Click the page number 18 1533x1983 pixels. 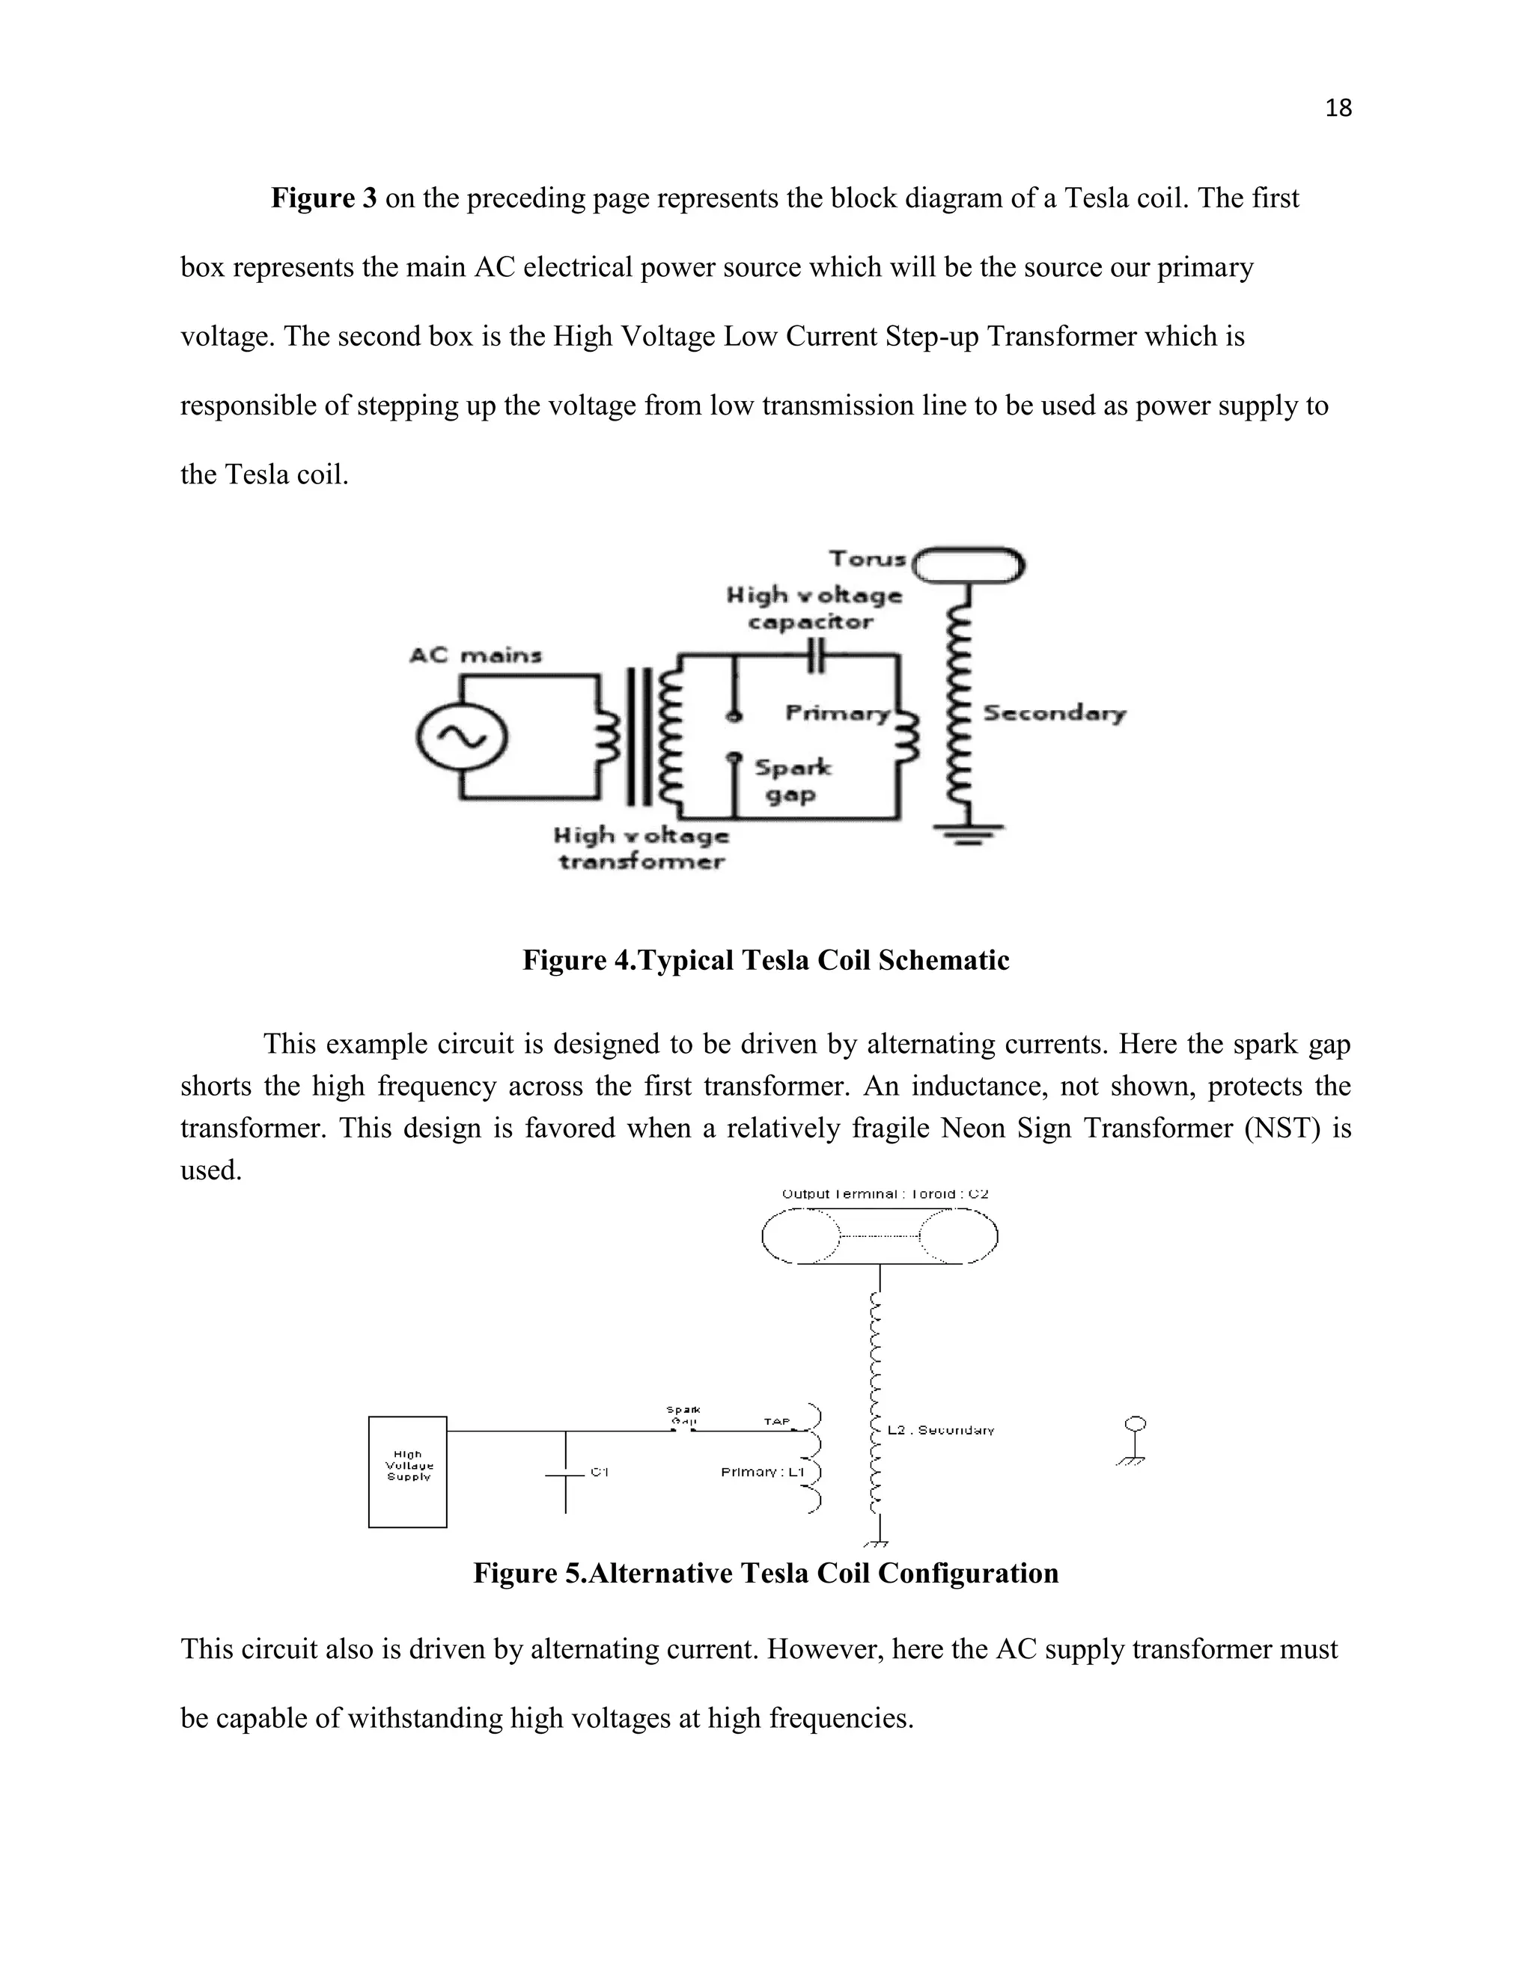coord(1338,108)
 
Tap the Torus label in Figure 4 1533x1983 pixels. coord(868,558)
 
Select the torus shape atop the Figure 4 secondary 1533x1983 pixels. coord(968,565)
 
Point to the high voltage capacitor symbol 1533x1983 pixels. coord(817,655)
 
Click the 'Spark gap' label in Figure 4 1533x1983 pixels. coord(792,780)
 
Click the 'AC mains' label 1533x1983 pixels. coord(475,655)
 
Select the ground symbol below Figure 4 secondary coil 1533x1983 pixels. coord(969,833)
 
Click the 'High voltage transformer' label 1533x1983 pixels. coord(642,847)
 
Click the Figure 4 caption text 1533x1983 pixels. coord(766,960)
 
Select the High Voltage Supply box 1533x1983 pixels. coord(408,1472)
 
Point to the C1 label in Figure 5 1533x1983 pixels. coord(599,1472)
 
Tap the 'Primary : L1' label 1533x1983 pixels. coord(762,1472)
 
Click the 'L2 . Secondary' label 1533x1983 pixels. coord(940,1430)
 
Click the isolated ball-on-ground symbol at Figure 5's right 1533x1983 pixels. coord(1133,1439)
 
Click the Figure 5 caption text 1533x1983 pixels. coord(766,1573)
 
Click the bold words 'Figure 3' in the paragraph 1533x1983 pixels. coord(323,198)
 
